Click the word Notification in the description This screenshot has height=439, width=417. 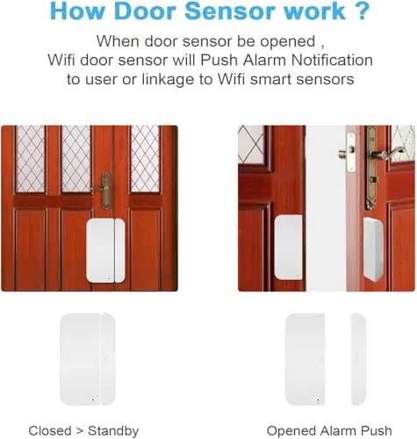click(x=332, y=60)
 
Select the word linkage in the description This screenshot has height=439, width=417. click(x=168, y=80)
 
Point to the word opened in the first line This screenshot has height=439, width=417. click(x=288, y=41)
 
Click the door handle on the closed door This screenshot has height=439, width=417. click(x=104, y=191)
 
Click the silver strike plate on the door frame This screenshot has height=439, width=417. click(x=351, y=152)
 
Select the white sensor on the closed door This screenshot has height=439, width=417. click(x=105, y=250)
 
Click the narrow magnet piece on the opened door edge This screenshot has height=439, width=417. click(x=373, y=249)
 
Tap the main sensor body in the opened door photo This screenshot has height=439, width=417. click(x=289, y=248)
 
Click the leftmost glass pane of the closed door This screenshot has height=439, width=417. click(x=31, y=159)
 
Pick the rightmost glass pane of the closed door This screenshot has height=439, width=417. click(x=146, y=159)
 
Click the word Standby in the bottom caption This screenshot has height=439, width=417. click(x=113, y=431)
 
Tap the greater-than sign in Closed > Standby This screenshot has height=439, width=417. click(x=79, y=431)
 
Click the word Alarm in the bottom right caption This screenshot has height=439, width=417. click(x=339, y=431)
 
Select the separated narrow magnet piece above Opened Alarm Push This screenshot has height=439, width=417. click(x=358, y=359)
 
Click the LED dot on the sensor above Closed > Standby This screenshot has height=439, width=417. click(x=93, y=399)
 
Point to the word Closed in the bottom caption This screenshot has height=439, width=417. click(x=50, y=431)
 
